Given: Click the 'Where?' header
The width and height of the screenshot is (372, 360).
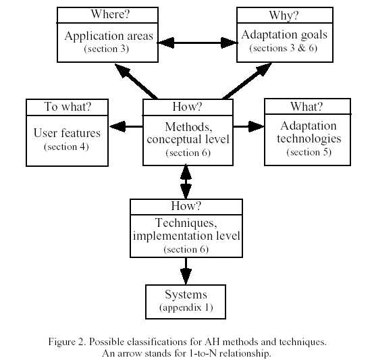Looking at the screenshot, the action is tap(110, 14).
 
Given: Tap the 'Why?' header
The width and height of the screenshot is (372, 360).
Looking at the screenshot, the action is tap(284, 16).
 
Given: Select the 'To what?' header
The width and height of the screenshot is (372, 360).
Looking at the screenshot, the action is tap(68, 107).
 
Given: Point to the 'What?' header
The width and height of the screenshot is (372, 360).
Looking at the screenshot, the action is tap(307, 107).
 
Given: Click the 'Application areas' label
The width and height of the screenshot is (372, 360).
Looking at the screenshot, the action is tap(109, 36).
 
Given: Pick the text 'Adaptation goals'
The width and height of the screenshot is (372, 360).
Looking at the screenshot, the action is tap(284, 34).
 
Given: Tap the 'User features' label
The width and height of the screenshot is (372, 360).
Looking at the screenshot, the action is tap(67, 133).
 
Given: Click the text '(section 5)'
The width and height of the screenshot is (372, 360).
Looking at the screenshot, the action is tap(309, 152).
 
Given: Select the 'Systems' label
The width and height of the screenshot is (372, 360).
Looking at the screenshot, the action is tap(186, 294).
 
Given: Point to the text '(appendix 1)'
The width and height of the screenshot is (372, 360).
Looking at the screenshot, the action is tap(186, 307).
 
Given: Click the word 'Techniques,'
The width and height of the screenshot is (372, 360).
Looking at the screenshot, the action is tap(186, 223).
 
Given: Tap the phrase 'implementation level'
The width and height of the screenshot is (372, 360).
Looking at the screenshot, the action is tap(186, 236).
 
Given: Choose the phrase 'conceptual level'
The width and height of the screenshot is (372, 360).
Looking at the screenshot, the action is tap(188, 139).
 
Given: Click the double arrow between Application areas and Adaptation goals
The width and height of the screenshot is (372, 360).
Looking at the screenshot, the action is tap(197, 43).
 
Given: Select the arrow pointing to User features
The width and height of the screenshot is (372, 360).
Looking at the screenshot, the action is tap(126, 126).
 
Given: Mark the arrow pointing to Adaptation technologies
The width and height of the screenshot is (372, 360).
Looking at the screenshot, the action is tap(248, 126).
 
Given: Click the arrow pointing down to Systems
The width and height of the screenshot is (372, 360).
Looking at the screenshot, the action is tap(186, 271).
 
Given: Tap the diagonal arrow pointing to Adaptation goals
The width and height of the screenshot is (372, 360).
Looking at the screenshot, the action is tap(247, 81).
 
